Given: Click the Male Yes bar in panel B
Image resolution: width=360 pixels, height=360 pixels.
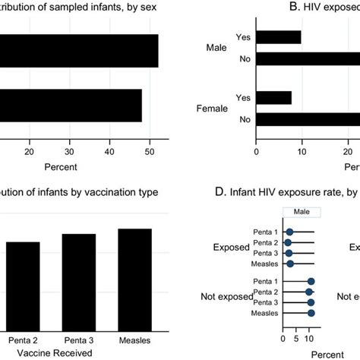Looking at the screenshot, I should click(x=279, y=37).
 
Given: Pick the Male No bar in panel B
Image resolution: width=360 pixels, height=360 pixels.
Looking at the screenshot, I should click(x=308, y=58).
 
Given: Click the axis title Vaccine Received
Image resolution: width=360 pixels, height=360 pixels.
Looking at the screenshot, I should click(x=55, y=352).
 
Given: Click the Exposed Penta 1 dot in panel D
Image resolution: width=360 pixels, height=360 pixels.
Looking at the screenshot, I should click(x=289, y=232).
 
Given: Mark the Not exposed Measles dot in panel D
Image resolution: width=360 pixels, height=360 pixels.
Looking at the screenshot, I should click(x=311, y=312).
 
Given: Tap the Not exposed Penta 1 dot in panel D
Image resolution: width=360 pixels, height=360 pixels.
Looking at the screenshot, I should click(x=311, y=281).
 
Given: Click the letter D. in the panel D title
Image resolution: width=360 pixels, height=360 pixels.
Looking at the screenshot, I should click(x=221, y=192).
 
